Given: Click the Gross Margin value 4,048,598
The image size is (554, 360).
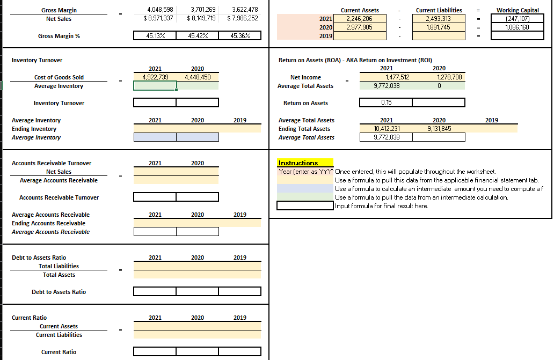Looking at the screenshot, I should (x=160, y=10).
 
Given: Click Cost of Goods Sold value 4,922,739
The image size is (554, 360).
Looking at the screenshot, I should (x=155, y=77).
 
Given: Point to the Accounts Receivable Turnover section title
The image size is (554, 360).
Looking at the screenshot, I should (x=52, y=163).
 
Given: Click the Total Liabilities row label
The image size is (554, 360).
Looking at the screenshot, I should (x=59, y=266).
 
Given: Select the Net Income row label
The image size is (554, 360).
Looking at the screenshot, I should (x=305, y=77).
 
